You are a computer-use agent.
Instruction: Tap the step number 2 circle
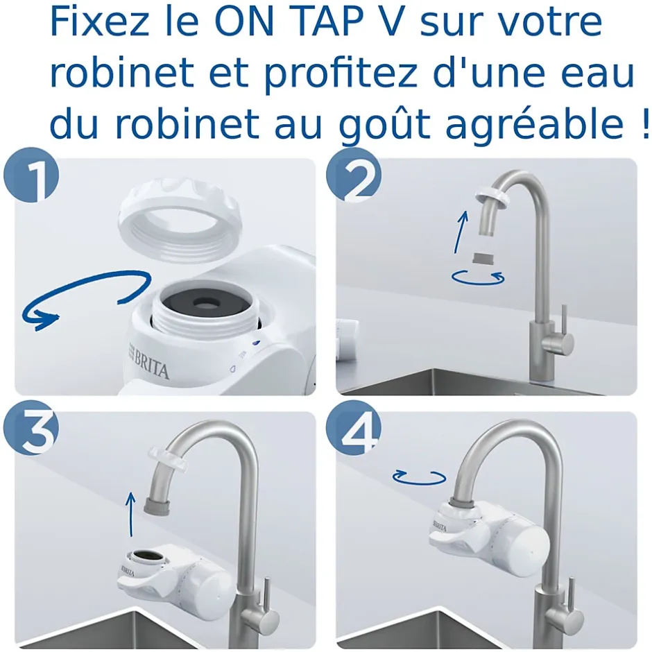click(353, 178)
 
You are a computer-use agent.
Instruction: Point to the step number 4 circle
click(353, 431)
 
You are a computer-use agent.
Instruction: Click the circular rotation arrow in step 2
click(478, 277)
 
